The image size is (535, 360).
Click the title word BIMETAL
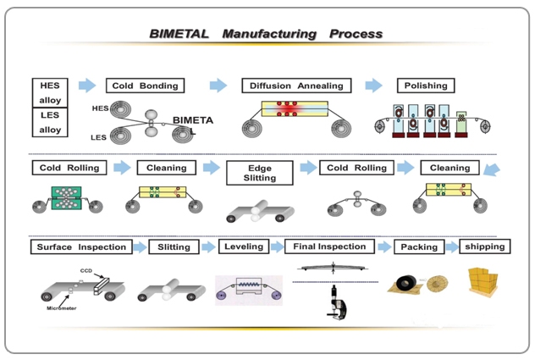[179, 35]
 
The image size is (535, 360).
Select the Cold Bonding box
[146, 86]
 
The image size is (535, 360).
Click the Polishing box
[425, 86]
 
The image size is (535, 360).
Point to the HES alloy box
[51, 92]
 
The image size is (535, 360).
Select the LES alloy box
[51, 123]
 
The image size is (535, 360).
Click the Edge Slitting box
[259, 174]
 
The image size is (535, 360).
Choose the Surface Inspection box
[81, 247]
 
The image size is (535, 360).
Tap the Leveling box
[244, 247]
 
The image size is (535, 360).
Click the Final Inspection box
[329, 247]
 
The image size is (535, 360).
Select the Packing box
[419, 247]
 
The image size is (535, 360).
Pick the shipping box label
[485, 246]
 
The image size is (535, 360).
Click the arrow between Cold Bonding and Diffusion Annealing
[218, 86]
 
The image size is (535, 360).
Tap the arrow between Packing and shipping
[450, 247]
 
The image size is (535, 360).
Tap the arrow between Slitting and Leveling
[208, 247]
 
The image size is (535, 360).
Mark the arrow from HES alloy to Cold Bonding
[86, 86]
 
